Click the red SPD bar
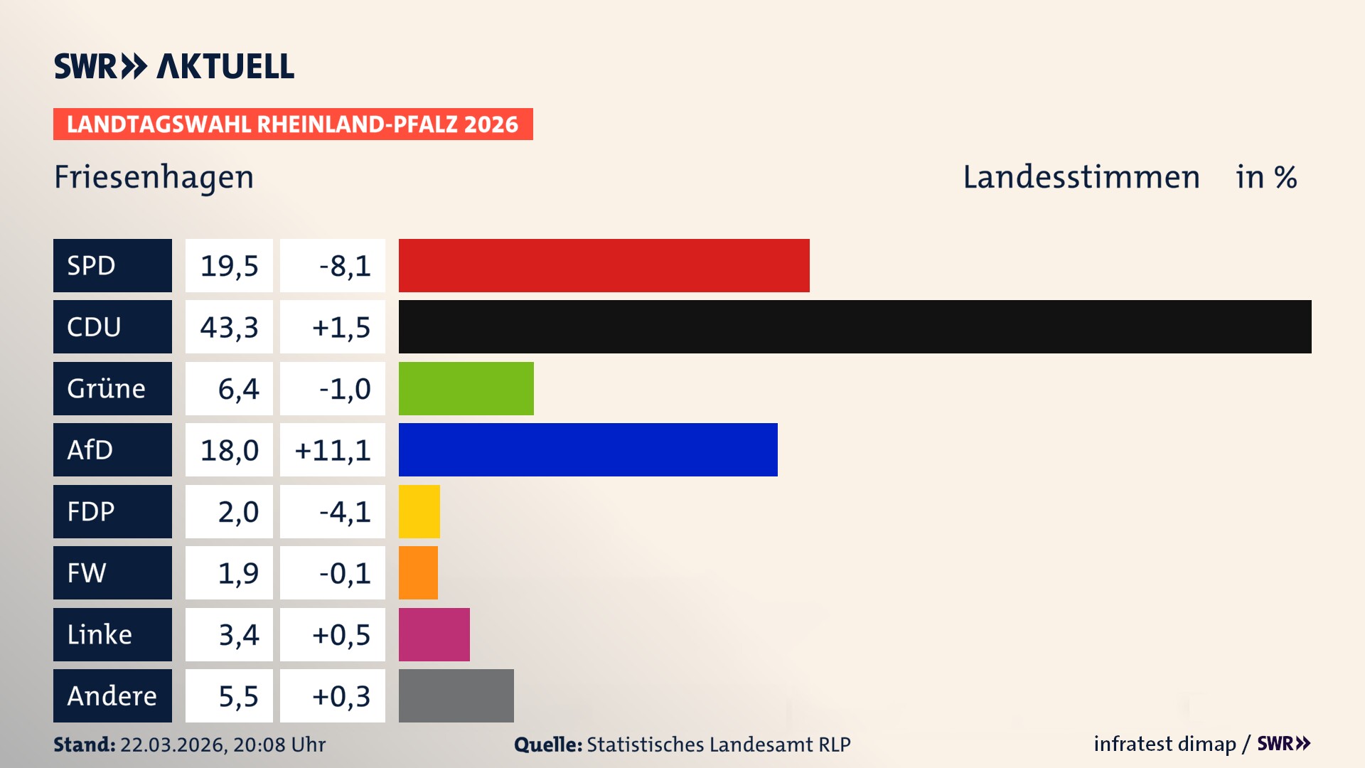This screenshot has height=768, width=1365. pos(604,265)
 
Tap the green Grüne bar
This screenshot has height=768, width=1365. pos(466,388)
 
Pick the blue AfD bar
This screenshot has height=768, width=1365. pos(588,449)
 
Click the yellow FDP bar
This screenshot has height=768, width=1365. pos(419,511)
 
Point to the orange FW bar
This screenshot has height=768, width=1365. pos(418,572)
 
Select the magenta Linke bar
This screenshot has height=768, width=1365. pos(434,634)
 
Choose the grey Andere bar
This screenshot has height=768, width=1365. pos(456,695)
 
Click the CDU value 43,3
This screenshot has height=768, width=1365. pos(229,327)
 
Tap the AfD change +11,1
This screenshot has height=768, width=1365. pos(333,450)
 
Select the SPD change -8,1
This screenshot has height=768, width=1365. pos(345,266)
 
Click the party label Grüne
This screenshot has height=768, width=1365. pos(107,388)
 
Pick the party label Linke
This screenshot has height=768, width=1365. pos(100,634)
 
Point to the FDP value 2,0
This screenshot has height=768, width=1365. pos(238,512)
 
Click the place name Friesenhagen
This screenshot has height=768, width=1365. pos(154,177)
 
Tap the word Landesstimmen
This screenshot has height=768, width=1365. pos(1081,177)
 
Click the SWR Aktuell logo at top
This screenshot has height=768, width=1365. pos(173,66)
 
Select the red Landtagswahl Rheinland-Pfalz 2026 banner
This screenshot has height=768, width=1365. pos(292,124)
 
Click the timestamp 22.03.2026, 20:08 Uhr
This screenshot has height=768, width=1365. pos(223,745)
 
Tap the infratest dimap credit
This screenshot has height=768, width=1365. pos(1165,744)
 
